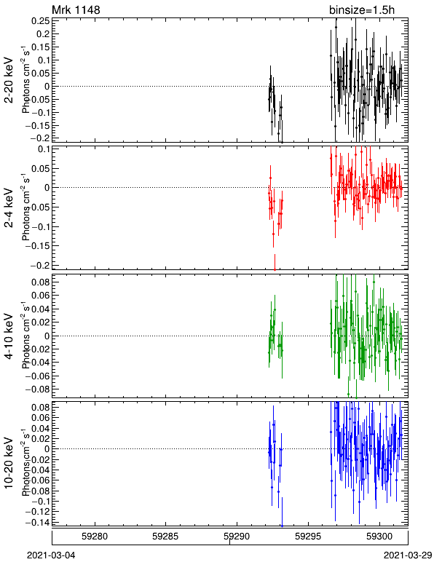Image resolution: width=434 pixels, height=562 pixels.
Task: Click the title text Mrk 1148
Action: (76, 9)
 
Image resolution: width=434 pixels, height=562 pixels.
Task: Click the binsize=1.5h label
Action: (361, 9)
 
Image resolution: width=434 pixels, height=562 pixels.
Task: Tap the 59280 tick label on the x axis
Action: (95, 537)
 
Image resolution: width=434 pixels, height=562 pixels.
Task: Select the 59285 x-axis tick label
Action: (165, 537)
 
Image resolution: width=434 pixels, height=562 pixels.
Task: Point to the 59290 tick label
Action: (237, 537)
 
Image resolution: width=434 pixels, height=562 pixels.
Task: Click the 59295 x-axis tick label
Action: (308, 537)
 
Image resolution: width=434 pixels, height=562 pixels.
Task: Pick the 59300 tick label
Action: (379, 537)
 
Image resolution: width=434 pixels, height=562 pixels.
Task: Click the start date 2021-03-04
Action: (51, 555)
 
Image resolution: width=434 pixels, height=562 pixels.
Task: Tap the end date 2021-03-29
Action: (408, 555)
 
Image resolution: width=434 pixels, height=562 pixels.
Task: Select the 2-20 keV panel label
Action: (9, 80)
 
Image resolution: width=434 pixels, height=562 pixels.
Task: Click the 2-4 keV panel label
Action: (9, 208)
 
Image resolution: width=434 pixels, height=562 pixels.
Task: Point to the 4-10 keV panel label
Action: (9, 336)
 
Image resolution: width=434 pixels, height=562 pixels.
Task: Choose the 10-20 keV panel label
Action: (9, 463)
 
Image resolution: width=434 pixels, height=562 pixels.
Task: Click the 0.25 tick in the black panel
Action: (41, 21)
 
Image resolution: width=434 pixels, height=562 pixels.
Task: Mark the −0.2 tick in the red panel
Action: (40, 265)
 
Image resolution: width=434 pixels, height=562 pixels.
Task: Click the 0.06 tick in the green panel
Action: (41, 296)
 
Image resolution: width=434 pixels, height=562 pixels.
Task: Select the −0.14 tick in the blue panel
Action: (37, 522)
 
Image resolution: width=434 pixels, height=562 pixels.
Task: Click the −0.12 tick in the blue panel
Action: (37, 511)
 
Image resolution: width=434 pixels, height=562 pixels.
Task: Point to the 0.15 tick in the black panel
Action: (41, 47)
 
